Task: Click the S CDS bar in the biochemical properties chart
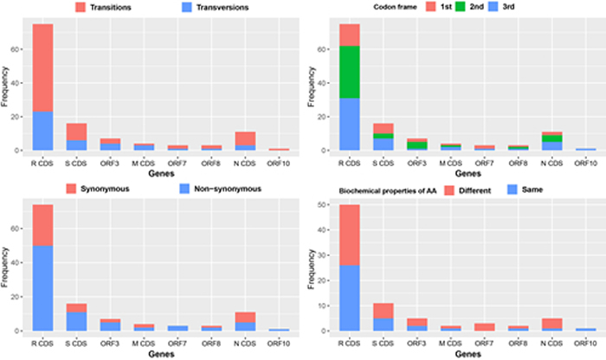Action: click(x=383, y=317)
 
